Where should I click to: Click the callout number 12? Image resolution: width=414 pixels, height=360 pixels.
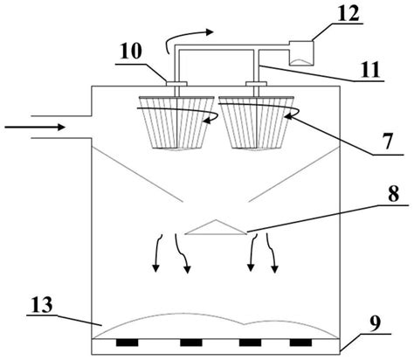pyautogui.click(x=348, y=13)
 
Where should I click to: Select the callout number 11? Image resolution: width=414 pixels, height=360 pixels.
pyautogui.click(x=369, y=70)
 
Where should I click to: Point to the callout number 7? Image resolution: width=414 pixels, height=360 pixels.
pyautogui.click(x=387, y=141)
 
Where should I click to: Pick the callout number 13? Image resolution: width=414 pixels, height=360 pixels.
pyautogui.click(x=42, y=305)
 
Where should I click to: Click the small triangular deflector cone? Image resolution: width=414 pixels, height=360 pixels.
pyautogui.click(x=215, y=227)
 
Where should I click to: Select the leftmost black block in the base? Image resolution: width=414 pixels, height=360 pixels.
pyautogui.click(x=127, y=343)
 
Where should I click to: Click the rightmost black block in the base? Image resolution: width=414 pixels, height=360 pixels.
pyautogui.click(x=300, y=343)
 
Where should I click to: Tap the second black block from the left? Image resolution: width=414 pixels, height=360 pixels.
pyautogui.click(x=191, y=343)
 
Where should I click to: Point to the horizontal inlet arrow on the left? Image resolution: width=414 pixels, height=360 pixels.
pyautogui.click(x=35, y=127)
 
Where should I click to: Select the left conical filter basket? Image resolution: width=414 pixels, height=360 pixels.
pyautogui.click(x=178, y=122)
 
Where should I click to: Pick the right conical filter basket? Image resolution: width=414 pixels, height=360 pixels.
pyautogui.click(x=257, y=122)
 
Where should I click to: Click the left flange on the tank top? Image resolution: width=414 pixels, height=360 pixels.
pyautogui.click(x=176, y=84)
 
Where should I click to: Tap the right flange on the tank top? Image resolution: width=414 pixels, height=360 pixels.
pyautogui.click(x=256, y=84)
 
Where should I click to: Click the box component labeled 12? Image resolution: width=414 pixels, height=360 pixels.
pyautogui.click(x=301, y=53)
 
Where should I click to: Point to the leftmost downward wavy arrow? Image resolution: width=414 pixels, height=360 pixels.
pyautogui.click(x=158, y=253)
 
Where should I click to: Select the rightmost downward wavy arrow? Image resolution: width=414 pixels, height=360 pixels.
pyautogui.click(x=272, y=253)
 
